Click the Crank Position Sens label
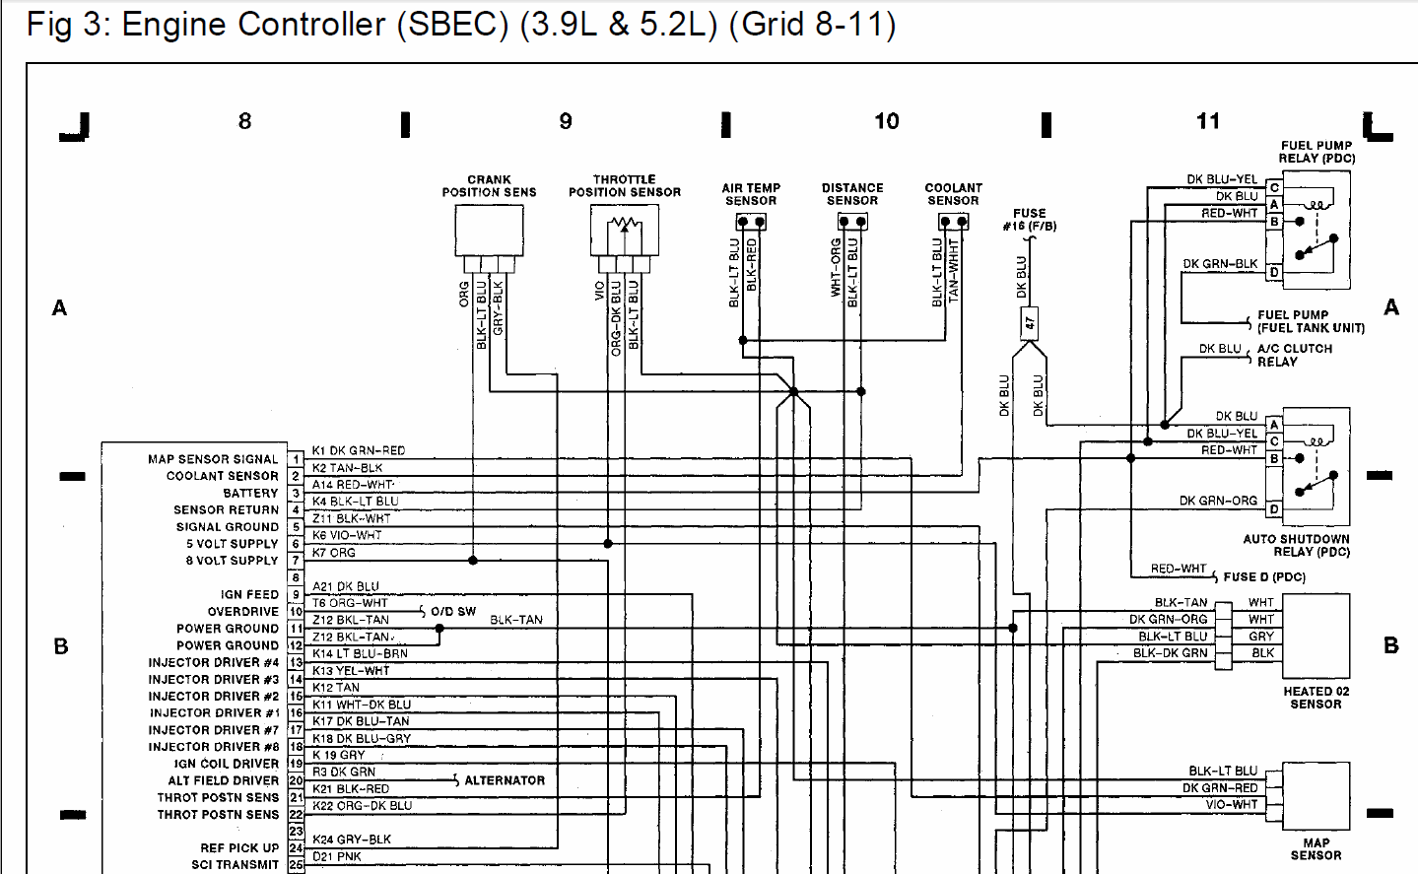coord(489,186)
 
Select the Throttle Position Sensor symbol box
coord(624,231)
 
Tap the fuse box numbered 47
coord(1030,323)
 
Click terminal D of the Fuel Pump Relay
coord(1274,273)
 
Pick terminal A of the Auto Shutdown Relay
coord(1274,424)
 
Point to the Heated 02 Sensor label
coord(1317,698)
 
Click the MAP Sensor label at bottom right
coord(1317,849)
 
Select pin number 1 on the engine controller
coord(296,459)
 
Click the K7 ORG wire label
coord(334,553)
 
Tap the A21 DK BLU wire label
coord(346,586)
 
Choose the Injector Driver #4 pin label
coord(213,662)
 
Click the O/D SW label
coord(453,611)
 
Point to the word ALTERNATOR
coord(505,780)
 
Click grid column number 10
coord(886,121)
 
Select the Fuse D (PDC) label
coord(1264,577)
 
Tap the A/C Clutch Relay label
coord(1295,355)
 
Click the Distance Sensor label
coord(852,194)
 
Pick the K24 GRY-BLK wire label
coord(352,840)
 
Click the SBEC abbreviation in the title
coord(452,24)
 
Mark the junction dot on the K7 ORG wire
coord(473,561)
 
